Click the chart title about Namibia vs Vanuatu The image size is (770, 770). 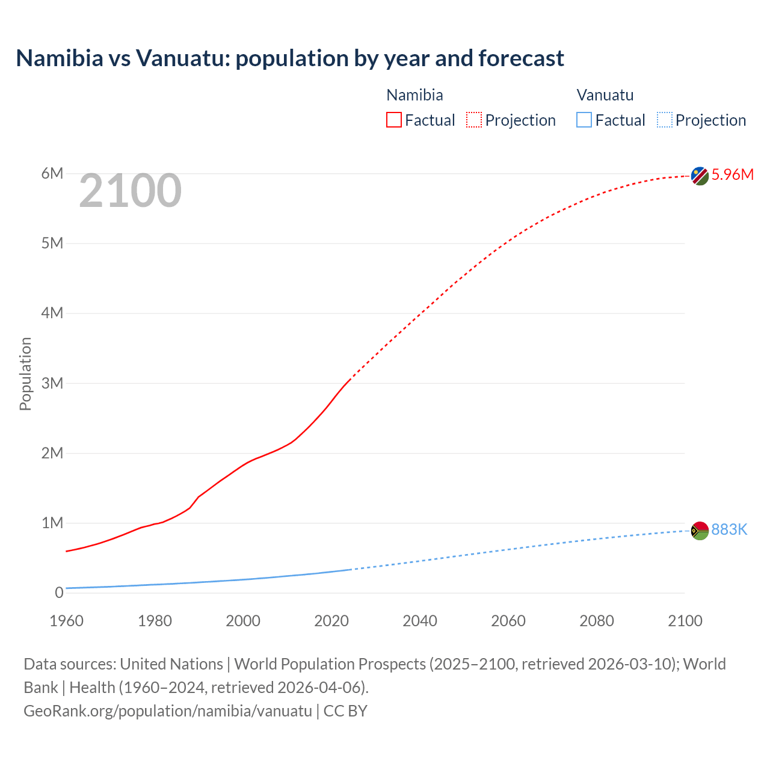click(290, 58)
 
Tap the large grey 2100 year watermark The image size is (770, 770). click(130, 191)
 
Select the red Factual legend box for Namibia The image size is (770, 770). click(394, 120)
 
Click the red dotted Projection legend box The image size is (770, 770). click(474, 120)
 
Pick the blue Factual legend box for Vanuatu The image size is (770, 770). click(584, 120)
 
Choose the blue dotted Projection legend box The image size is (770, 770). click(664, 120)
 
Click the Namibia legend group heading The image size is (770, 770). click(414, 95)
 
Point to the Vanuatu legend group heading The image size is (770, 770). click(605, 95)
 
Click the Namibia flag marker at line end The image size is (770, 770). click(700, 176)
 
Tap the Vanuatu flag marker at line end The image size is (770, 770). click(700, 531)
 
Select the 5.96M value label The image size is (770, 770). click(732, 175)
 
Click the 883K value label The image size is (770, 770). click(729, 529)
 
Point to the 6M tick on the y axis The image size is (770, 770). click(52, 174)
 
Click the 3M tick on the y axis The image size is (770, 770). click(52, 383)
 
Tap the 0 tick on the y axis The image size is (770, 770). click(59, 593)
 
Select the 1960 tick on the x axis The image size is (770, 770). click(66, 621)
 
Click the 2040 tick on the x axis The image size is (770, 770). click(420, 621)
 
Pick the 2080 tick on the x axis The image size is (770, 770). click(597, 621)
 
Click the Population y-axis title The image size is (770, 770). click(25, 374)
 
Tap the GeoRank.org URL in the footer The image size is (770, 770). click(168, 711)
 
